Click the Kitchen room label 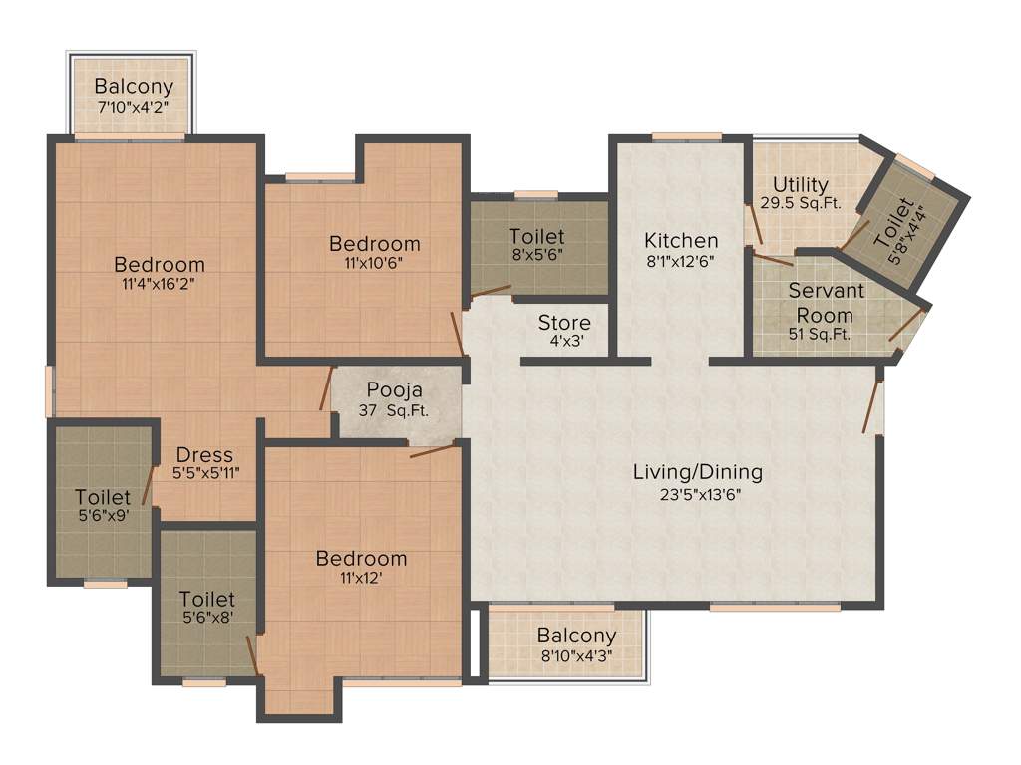tap(680, 240)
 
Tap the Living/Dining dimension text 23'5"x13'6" tap(697, 495)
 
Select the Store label tap(564, 323)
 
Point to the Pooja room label tap(394, 389)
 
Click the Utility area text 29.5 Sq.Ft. tap(801, 203)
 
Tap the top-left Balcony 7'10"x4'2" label tap(134, 87)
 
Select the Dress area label tap(205, 454)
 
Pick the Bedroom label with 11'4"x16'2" tap(160, 264)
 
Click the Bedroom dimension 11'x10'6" tap(375, 265)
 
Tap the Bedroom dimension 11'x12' tap(361, 579)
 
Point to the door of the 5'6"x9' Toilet tap(148, 486)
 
